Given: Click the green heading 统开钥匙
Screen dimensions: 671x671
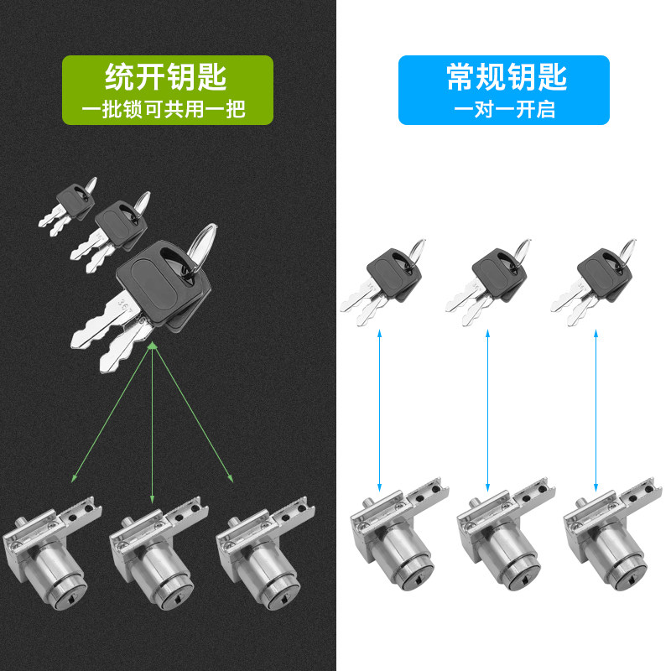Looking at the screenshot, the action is [167, 78].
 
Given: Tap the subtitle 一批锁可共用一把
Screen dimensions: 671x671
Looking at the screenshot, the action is [167, 108].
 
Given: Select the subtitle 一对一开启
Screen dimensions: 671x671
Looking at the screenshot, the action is [504, 109].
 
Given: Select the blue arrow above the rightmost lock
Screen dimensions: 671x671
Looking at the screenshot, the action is [596, 411].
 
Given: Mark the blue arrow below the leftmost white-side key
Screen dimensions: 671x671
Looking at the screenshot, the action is [380, 411].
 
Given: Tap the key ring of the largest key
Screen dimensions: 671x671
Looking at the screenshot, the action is [202, 244].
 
